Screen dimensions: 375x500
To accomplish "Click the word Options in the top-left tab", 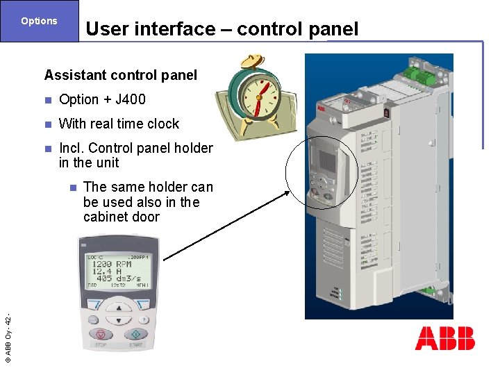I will coord(39,21).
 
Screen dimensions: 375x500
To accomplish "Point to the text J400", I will coord(130,99).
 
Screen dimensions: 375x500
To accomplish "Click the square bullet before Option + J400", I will coord(47,100).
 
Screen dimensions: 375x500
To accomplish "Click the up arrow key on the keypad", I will coord(119,308).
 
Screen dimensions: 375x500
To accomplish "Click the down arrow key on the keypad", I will coord(119,320).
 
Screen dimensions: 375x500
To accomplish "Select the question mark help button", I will coord(143,319).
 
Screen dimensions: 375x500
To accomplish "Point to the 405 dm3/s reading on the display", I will coord(115,278).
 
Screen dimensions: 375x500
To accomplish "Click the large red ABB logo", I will coord(444,338).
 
